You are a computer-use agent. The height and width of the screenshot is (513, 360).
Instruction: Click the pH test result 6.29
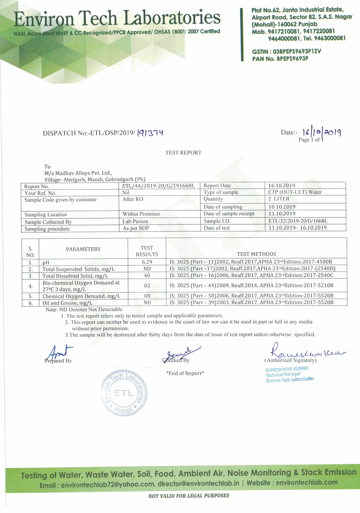tap(147, 262)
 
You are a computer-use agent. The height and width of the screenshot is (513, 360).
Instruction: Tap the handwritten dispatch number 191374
tap(150, 133)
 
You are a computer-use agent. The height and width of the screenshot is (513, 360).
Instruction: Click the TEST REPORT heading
tap(183, 153)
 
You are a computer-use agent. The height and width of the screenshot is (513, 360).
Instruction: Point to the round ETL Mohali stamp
tap(124, 393)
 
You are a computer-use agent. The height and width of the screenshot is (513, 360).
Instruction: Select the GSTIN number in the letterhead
tap(287, 51)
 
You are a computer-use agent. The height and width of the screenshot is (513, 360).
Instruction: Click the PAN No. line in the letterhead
tap(280, 59)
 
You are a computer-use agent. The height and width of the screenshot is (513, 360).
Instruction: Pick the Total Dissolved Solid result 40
tap(147, 276)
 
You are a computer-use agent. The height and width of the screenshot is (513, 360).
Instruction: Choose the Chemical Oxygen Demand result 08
tap(147, 296)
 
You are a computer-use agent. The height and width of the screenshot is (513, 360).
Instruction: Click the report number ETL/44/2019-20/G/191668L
tap(158, 186)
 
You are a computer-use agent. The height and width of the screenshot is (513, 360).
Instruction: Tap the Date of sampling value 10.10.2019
tap(282, 207)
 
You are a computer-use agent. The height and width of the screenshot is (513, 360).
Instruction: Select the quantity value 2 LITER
tap(279, 199)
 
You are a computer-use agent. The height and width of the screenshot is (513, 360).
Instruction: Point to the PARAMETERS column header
tap(83, 249)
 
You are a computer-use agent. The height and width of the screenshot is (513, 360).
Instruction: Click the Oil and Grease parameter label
tap(67, 303)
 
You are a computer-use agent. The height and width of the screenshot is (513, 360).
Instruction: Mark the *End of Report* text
tap(185, 373)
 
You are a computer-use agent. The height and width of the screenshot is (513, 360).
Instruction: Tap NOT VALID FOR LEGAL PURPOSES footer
tap(189, 496)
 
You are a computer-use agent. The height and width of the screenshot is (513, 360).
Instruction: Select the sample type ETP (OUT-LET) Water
tap(295, 192)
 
